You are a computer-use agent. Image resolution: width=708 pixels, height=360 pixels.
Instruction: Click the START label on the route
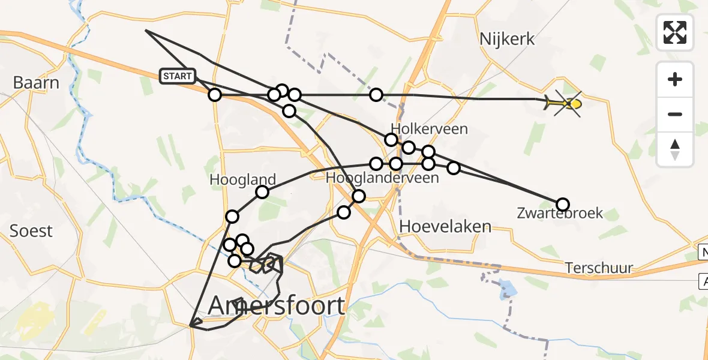point(178,76)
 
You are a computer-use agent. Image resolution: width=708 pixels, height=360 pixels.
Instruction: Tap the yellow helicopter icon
point(566,104)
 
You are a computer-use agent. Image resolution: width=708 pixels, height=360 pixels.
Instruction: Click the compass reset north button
point(675,149)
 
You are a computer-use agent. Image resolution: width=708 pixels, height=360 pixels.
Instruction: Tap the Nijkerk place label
point(507,40)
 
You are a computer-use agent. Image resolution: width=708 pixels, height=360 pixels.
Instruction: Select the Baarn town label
point(35,82)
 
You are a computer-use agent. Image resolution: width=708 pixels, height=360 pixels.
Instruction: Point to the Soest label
point(31,230)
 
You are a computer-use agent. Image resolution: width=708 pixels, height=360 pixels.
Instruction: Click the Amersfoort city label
point(277,306)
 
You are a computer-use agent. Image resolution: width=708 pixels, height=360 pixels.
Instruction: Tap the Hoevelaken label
point(445,227)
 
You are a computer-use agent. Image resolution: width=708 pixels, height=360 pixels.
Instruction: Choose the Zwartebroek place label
point(560,213)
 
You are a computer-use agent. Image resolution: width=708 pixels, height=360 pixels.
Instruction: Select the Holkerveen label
point(429,129)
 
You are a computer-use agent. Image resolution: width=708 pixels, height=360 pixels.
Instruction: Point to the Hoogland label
point(242,179)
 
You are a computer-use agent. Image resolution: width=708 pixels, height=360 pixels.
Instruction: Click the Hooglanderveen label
point(382,178)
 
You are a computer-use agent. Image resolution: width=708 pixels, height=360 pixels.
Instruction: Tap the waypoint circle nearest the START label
point(215,95)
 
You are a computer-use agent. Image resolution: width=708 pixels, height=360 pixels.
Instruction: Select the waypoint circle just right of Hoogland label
point(262,192)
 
